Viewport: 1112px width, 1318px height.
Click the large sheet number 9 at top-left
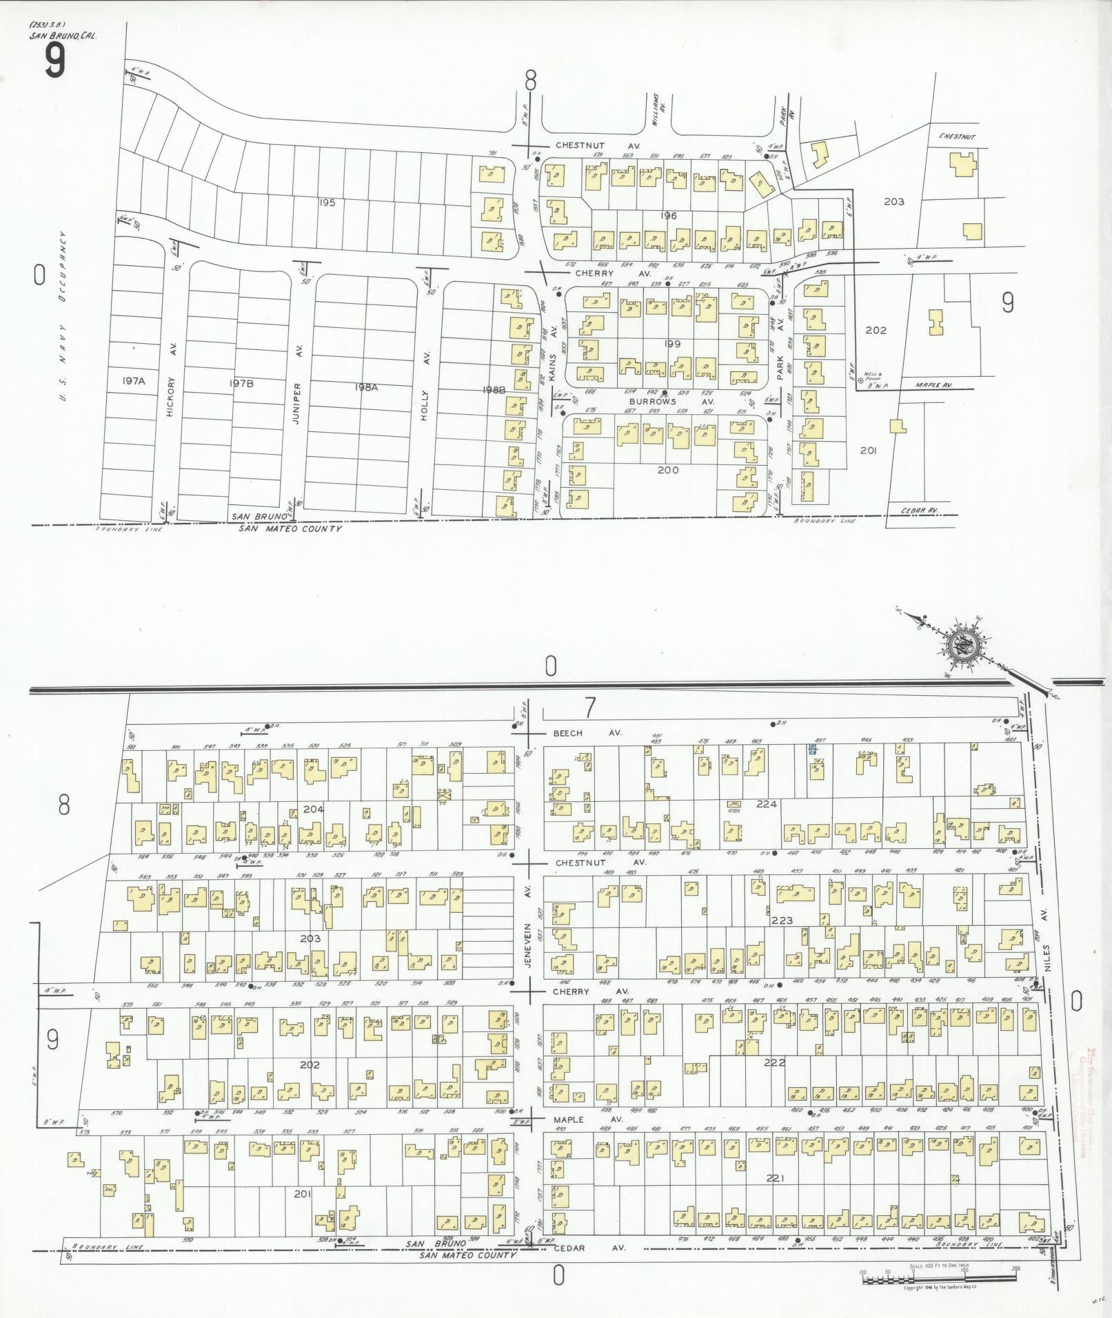(x=54, y=61)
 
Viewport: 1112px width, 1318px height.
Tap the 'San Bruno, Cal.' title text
(x=63, y=35)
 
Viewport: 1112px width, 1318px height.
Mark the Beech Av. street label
(x=585, y=733)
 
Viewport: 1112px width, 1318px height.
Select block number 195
(x=327, y=203)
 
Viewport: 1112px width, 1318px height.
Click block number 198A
(x=366, y=387)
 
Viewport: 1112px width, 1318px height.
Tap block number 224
(x=766, y=804)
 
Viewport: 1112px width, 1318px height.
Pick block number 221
(x=776, y=1178)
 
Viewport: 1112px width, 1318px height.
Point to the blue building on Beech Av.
(x=814, y=749)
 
